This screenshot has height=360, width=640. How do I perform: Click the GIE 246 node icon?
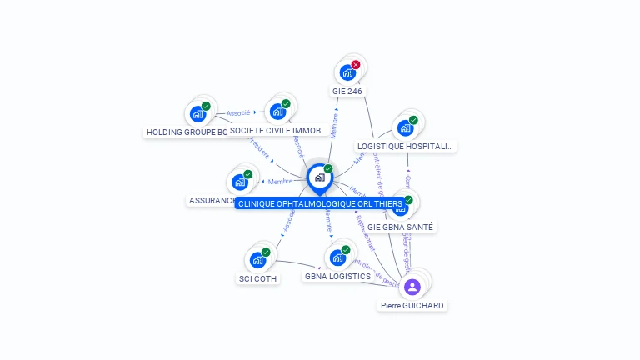(347, 72)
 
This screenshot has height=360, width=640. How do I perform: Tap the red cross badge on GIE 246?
(356, 64)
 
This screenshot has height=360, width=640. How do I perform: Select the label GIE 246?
(347, 91)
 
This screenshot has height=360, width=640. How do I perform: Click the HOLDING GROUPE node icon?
(198, 113)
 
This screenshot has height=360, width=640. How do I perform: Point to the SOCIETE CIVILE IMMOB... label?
(278, 131)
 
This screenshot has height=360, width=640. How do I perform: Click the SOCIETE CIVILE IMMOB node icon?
(278, 112)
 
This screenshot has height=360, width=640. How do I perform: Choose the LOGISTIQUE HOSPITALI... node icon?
(406, 127)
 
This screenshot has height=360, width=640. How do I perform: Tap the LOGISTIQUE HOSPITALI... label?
(406, 146)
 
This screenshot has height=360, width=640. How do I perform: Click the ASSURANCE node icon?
(240, 182)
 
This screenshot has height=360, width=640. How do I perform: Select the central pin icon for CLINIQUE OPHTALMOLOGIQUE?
(319, 177)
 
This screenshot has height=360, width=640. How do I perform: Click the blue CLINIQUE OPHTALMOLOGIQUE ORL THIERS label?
(320, 203)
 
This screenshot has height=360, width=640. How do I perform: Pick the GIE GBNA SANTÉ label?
(401, 227)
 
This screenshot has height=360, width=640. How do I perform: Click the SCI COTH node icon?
(258, 260)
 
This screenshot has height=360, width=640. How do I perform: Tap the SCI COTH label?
(258, 278)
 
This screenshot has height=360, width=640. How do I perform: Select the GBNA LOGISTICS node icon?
(337, 257)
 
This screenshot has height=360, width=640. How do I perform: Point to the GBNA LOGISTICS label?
(337, 276)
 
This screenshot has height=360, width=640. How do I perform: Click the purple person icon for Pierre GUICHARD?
(412, 287)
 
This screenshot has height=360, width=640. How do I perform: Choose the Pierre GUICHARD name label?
(412, 306)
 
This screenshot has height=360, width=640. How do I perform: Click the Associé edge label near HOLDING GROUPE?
(238, 112)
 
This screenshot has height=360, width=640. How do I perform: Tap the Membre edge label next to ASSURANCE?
(280, 181)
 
